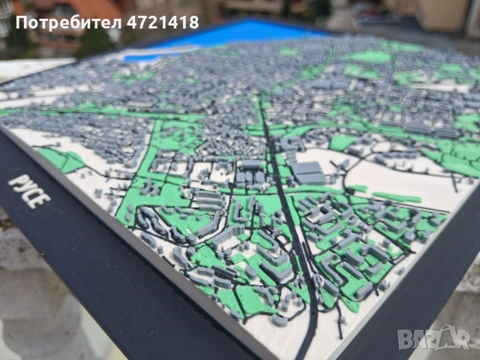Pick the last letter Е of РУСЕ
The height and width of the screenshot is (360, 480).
click(46, 201)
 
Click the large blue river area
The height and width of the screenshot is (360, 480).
click(240, 33)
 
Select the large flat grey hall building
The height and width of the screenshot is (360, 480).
click(308, 172)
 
